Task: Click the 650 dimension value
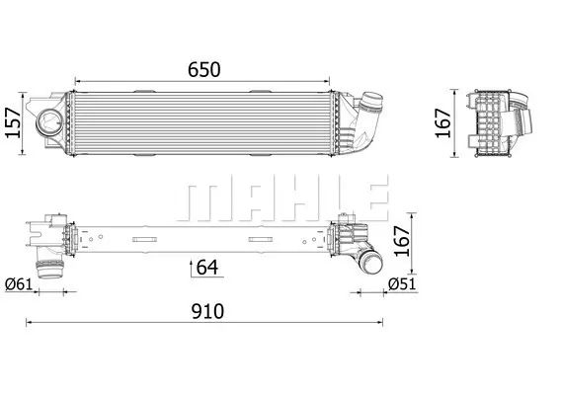[x=204, y=69]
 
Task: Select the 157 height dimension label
[x=13, y=122]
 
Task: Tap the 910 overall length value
[x=207, y=311]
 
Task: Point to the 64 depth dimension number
[x=207, y=267]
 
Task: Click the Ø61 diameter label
[x=19, y=284]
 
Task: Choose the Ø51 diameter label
[x=403, y=284]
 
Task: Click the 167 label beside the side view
[x=442, y=122]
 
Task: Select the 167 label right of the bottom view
[x=402, y=240]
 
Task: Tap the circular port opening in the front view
[x=49, y=121]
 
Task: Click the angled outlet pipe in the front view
[x=364, y=118]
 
